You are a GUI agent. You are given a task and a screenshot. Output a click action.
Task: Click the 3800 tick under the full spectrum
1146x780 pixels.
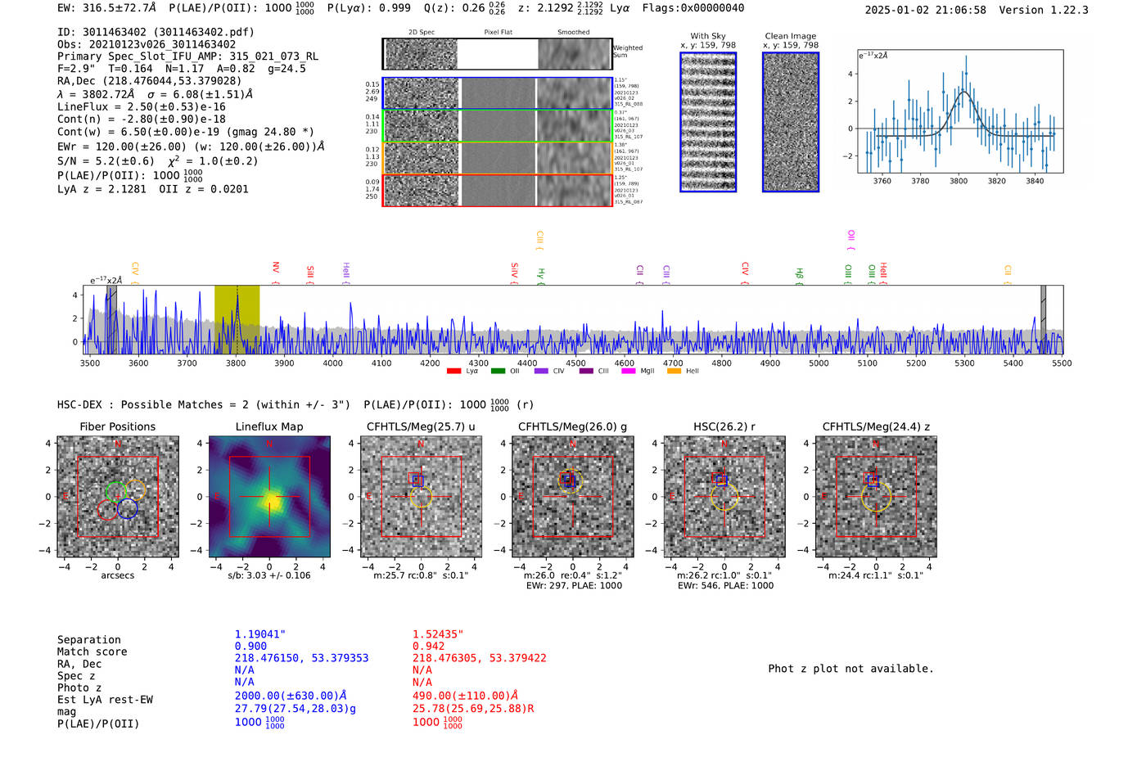pos(236,363)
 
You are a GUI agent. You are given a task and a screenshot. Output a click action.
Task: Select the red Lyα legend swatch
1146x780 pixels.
pos(453,372)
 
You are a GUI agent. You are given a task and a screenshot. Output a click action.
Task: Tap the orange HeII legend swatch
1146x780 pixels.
pos(674,372)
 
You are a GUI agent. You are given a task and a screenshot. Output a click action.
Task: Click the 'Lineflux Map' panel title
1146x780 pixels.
pos(269,426)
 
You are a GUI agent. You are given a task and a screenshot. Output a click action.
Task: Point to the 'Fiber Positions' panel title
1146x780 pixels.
pos(117,426)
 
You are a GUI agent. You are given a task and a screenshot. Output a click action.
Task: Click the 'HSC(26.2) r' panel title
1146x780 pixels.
pos(724,426)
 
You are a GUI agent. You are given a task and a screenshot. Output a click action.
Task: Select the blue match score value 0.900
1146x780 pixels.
pos(250,646)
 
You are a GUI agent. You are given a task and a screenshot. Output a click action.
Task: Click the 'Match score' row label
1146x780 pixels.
pos(92,652)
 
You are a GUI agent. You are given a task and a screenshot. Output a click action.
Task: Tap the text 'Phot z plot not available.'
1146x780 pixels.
pos(850,669)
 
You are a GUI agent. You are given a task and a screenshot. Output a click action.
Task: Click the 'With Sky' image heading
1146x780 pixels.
pos(707,36)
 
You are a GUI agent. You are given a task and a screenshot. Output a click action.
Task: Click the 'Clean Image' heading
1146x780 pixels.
pos(790,36)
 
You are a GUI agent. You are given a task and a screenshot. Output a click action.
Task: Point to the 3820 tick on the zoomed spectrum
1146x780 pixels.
pos(996,181)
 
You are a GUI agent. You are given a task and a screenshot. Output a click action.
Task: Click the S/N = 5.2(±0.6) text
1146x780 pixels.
pos(106,161)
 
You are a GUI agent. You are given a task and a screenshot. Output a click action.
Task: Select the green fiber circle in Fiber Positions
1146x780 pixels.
pos(116,491)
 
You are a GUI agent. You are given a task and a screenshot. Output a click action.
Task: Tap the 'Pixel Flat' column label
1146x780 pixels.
pos(498,32)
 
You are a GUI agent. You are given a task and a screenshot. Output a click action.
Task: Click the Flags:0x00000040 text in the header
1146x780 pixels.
pos(693,8)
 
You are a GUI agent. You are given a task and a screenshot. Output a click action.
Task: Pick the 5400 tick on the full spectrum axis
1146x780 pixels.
pos(1013,363)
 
